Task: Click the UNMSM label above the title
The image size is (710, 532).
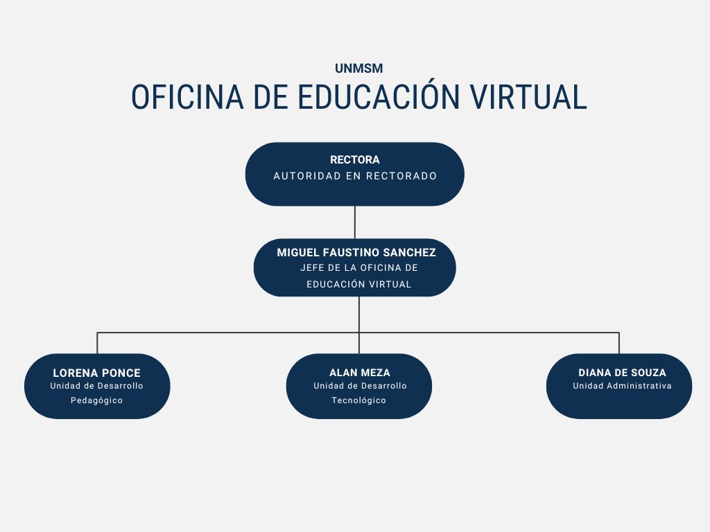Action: [358, 69]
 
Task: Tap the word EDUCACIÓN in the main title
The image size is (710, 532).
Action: [379, 97]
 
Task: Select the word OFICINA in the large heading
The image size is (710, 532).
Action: [187, 97]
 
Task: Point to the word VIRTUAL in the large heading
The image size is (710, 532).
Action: [528, 97]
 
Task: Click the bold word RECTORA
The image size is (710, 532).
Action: [354, 160]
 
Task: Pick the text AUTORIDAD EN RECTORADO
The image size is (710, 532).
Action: [355, 176]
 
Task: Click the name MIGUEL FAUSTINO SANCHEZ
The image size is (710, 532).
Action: [356, 252]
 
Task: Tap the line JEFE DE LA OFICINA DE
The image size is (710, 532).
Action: [359, 268]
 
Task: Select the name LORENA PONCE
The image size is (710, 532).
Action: [97, 373]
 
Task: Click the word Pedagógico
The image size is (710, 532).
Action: [96, 400]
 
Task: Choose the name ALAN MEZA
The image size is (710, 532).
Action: [360, 373]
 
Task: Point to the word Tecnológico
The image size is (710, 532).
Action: [358, 400]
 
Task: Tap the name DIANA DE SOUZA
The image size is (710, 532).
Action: [622, 373]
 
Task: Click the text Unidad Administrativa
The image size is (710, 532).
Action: [622, 386]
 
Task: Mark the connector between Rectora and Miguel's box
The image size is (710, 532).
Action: [354, 222]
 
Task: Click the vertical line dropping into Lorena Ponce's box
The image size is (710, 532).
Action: [97, 343]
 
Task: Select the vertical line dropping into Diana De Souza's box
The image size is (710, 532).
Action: [619, 343]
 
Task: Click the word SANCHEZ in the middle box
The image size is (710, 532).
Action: [409, 252]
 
